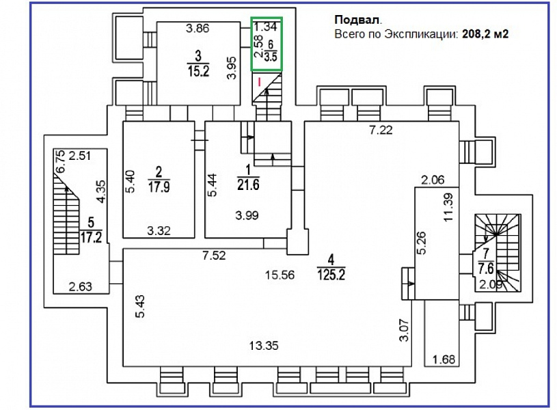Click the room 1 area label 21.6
tap(250, 184)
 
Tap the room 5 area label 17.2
tap(90, 238)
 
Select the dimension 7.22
tap(381, 131)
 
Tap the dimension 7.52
tap(215, 256)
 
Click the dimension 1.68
tap(444, 359)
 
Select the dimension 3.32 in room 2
tap(159, 231)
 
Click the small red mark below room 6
tap(260, 81)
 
